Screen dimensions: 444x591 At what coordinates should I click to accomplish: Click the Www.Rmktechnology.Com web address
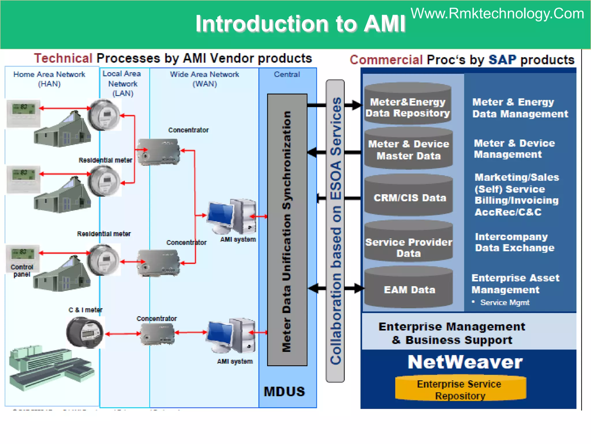pyautogui.click(x=497, y=14)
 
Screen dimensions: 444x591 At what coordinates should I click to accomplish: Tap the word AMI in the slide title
pyautogui.click(x=384, y=24)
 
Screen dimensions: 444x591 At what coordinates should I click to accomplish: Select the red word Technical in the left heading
pyautogui.click(x=63, y=58)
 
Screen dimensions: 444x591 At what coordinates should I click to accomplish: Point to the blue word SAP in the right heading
pyautogui.click(x=502, y=60)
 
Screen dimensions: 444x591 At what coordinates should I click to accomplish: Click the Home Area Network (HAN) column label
pyautogui.click(x=49, y=79)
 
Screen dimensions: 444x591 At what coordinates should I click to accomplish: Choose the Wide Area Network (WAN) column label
pyautogui.click(x=204, y=79)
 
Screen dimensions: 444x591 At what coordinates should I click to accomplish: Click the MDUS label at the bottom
pyautogui.click(x=284, y=391)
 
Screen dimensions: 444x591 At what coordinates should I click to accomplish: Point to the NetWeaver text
pyautogui.click(x=465, y=362)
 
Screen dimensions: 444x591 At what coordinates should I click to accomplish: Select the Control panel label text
pyautogui.click(x=22, y=271)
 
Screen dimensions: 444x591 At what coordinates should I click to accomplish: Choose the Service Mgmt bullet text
pyautogui.click(x=504, y=303)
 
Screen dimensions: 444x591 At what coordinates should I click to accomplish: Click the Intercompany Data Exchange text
pyautogui.click(x=514, y=242)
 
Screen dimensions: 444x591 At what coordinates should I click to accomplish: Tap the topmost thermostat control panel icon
pyautogui.click(x=23, y=113)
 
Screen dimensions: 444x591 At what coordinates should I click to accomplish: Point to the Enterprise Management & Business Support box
pyautogui.click(x=452, y=333)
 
